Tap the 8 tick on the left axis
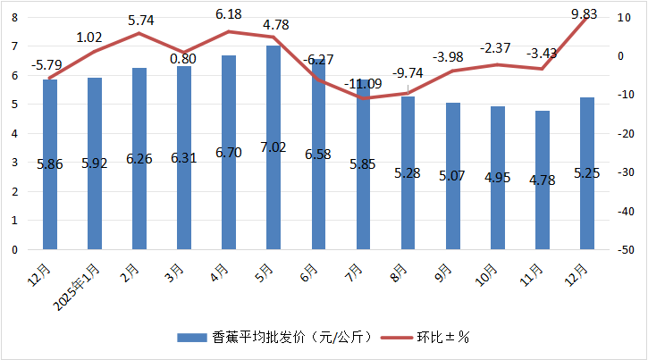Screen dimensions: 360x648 click(13, 17)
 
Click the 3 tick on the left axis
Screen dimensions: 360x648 click(13, 163)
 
